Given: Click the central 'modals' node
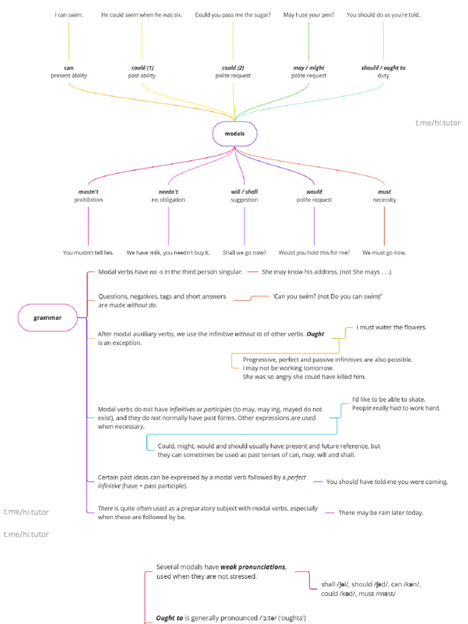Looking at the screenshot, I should click(x=235, y=133).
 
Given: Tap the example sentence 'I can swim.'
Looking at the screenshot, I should click(x=69, y=15).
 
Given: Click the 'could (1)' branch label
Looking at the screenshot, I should click(x=143, y=68).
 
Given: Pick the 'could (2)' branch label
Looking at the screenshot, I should click(x=233, y=68).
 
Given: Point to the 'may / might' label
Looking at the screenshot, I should click(x=309, y=68).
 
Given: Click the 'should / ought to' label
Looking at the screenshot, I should click(x=383, y=68).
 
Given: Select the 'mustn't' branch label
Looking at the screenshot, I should click(x=88, y=191).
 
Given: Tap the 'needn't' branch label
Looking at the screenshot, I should click(x=168, y=191).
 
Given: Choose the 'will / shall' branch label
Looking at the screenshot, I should click(x=244, y=191).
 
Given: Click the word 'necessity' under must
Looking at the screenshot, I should click(x=385, y=200).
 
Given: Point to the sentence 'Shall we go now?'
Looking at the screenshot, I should click(x=244, y=252).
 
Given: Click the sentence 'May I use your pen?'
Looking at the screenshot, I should click(x=309, y=15).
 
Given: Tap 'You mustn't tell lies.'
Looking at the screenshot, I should click(x=88, y=252).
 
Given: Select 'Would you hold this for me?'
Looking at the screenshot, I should click(x=314, y=252).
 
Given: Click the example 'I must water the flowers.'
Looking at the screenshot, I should click(x=391, y=327).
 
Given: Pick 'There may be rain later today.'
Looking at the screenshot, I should click(x=381, y=512).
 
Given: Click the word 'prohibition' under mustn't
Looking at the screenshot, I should click(x=88, y=200).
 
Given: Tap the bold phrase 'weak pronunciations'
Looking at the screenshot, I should click(x=253, y=567).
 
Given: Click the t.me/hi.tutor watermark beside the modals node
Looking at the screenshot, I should click(x=438, y=123).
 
